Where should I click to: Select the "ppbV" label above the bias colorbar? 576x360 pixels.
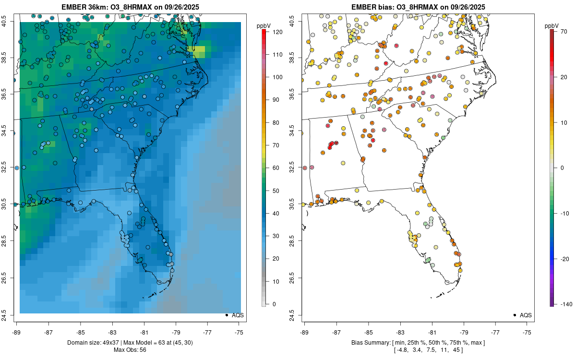click(x=552, y=25)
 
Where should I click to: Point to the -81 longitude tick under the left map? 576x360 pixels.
click(x=144, y=332)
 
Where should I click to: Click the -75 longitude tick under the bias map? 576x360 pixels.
click(x=528, y=332)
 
